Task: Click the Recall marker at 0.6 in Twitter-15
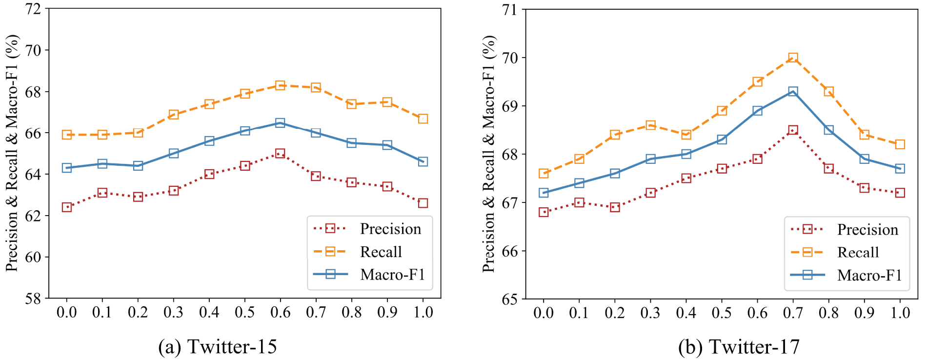point(280,85)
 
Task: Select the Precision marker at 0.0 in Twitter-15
point(67,207)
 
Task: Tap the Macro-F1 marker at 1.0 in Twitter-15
point(423,161)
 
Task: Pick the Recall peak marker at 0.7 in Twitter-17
point(793,58)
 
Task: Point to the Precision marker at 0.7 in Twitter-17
point(793,130)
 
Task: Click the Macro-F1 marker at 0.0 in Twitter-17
point(544,193)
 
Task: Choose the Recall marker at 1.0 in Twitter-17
point(900,144)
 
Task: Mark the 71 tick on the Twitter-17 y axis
point(510,9)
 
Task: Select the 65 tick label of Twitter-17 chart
point(510,299)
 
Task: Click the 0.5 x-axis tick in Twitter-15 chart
point(245,312)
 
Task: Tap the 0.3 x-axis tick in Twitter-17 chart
point(650,312)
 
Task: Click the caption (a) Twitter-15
point(218,347)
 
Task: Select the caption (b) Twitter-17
point(739,347)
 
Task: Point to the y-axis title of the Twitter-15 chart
point(12,153)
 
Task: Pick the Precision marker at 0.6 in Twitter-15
point(280,154)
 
